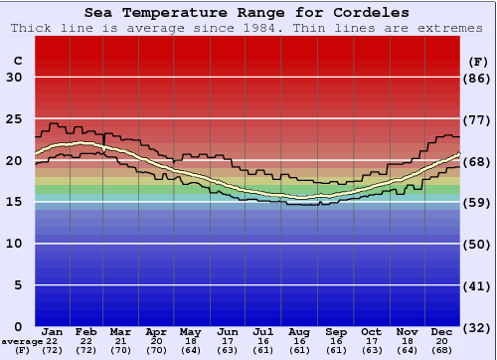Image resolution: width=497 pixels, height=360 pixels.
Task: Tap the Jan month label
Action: tap(54, 331)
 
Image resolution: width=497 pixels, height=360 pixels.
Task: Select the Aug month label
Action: tap(299, 331)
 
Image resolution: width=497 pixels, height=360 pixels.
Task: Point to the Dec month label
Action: tap(442, 331)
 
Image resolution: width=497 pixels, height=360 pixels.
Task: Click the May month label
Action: tap(189, 331)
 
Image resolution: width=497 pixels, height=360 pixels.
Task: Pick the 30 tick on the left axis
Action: tap(15, 78)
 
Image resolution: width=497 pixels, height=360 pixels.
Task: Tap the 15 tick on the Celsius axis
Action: tap(15, 202)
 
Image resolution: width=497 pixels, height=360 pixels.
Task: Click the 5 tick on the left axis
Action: tap(19, 285)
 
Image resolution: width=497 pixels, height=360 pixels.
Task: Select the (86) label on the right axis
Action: tap(478, 78)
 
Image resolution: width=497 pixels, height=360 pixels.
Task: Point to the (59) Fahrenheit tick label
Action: tap(478, 202)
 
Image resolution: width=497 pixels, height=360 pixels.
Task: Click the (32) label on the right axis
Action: tap(478, 327)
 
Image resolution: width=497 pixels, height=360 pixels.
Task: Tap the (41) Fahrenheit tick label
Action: tap(478, 285)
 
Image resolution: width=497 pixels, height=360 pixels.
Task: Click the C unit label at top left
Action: tap(17, 61)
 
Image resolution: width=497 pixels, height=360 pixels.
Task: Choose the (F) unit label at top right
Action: tap(478, 61)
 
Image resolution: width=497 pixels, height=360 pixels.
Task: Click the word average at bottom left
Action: tap(21, 341)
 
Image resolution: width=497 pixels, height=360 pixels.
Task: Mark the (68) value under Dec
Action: tap(442, 350)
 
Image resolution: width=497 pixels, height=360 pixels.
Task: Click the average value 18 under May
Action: tap(189, 341)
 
